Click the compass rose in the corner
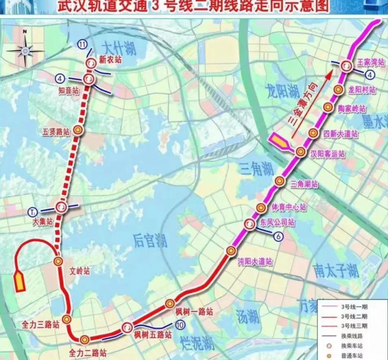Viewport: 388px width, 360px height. pos(25,50)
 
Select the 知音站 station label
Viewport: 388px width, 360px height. pos(69,91)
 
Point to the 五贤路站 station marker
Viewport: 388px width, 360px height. pos(78,131)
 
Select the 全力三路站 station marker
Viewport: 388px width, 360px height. pos(66,319)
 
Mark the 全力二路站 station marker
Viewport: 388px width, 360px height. pos(85,340)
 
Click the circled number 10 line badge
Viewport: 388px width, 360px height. pos(180,325)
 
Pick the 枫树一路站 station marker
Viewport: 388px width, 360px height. pos(170,304)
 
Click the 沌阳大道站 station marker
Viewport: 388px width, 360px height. pos(231,251)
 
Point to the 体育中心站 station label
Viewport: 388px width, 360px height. pos(289,207)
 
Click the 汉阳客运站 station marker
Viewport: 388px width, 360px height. pos(301,151)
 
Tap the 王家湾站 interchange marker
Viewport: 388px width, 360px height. pos(346,66)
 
